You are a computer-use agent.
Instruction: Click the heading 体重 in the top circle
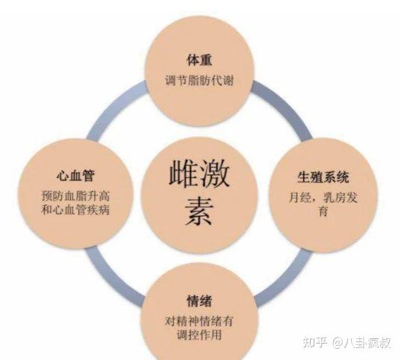pyautogui.click(x=199, y=60)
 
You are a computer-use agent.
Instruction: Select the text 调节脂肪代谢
pyautogui.click(x=199, y=81)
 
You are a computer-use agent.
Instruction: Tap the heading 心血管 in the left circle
pyautogui.click(x=75, y=176)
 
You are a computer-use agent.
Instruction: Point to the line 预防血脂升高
pyautogui.click(x=75, y=196)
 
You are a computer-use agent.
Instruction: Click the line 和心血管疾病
pyautogui.click(x=75, y=210)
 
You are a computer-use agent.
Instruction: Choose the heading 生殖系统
pyautogui.click(x=323, y=177)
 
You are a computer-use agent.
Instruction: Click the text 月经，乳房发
pyautogui.click(x=323, y=197)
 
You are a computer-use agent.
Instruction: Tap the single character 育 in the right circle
pyautogui.click(x=323, y=211)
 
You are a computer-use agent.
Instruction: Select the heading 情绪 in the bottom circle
pyautogui.click(x=199, y=301)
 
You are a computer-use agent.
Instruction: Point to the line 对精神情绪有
pyautogui.click(x=199, y=321)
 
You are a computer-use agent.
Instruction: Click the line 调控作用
pyautogui.click(x=199, y=335)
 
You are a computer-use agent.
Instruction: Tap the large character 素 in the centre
pyautogui.click(x=199, y=211)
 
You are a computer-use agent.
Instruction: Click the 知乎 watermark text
pyautogui.click(x=315, y=342)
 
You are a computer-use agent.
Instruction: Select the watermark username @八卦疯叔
pyautogui.click(x=362, y=343)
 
